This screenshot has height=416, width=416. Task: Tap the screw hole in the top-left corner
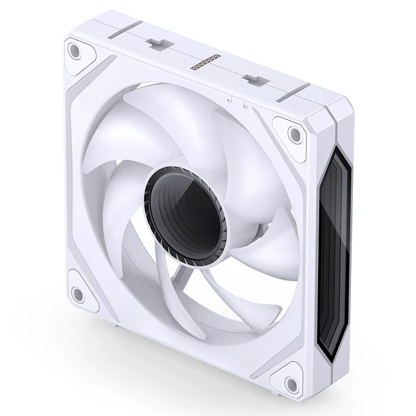(x=74, y=50)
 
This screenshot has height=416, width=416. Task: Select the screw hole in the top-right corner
(x=295, y=135)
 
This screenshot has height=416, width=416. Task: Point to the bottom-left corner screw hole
(x=78, y=294)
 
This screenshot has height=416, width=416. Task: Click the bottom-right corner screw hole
(x=292, y=384)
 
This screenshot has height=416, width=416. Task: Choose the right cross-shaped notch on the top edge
(x=253, y=80)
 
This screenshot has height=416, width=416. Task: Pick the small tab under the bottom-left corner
(x=113, y=324)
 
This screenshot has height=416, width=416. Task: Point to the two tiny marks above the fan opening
(x=235, y=100)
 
